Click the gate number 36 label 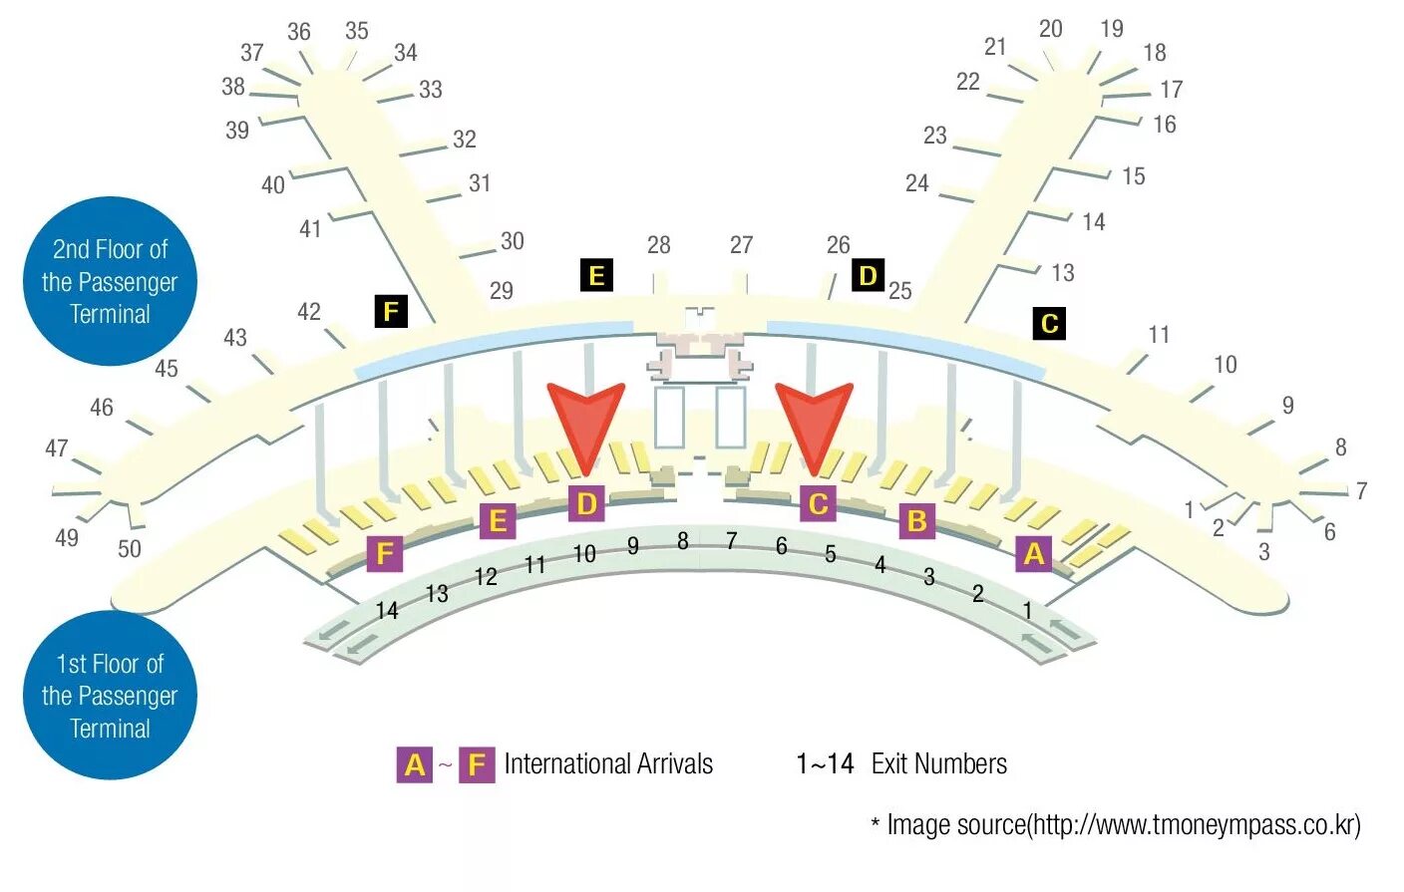(298, 32)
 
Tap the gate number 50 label (130, 548)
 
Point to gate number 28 (658, 245)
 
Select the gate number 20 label (1050, 29)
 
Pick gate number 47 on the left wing (57, 448)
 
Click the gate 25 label (900, 291)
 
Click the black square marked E (596, 275)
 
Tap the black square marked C (1049, 323)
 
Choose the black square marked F (391, 312)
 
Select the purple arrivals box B (917, 520)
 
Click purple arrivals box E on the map (497, 520)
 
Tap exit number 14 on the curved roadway (387, 610)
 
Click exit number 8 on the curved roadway (683, 541)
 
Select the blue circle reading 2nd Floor (110, 281)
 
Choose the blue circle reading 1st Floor (110, 696)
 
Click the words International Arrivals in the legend (608, 764)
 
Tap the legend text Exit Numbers (938, 764)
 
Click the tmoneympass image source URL (1195, 825)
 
